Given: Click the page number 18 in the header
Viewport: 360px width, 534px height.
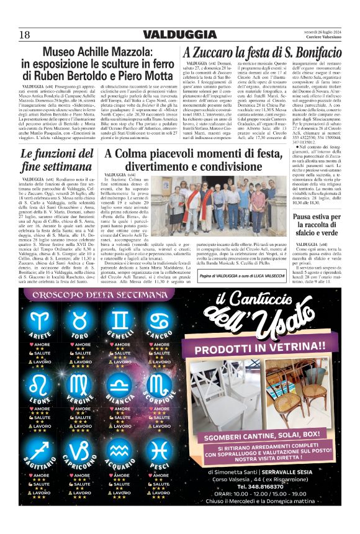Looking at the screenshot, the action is [25, 35].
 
